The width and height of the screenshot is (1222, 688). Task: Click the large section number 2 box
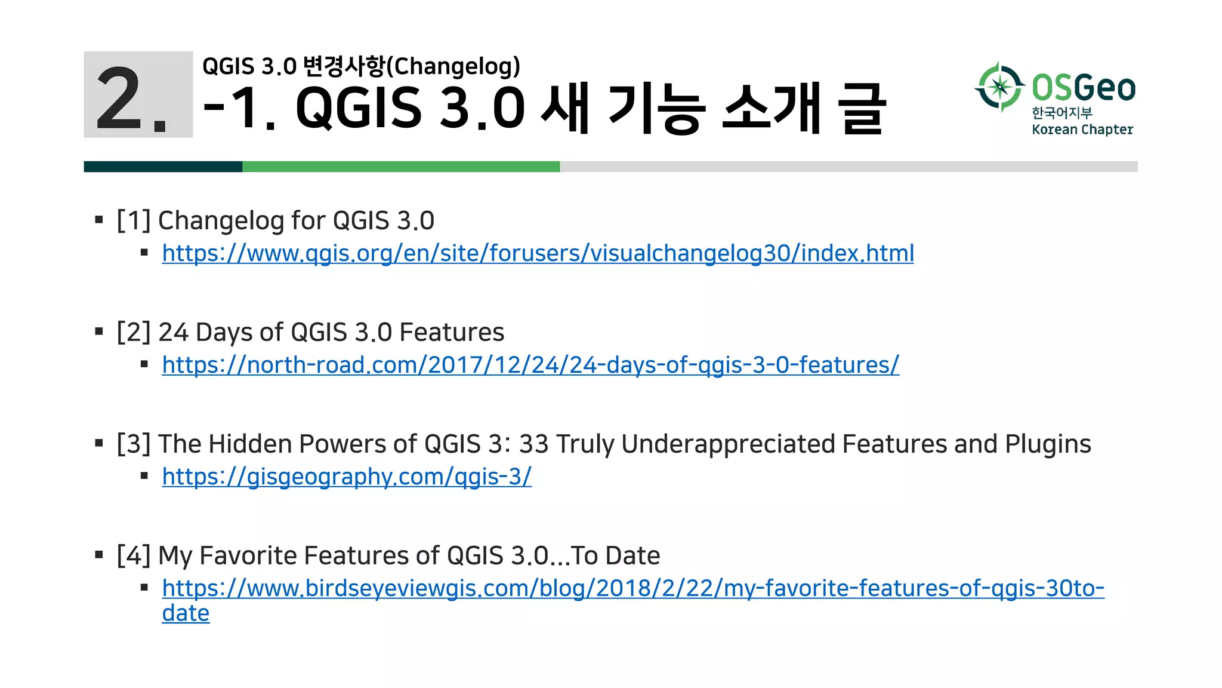(138, 95)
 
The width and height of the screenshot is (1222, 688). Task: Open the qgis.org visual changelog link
(538, 254)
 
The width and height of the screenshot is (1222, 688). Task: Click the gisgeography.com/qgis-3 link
(347, 477)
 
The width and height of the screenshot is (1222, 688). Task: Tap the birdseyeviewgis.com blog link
(632, 589)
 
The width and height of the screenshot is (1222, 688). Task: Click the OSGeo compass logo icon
(1000, 87)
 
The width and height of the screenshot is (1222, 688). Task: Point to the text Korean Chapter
(1082, 130)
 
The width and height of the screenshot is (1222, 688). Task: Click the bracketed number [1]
(134, 221)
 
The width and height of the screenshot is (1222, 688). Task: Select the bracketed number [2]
(134, 333)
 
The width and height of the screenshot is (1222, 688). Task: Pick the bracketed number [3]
(134, 444)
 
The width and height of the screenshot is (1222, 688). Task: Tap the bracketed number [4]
(134, 556)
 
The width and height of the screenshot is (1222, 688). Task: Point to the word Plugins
(1048, 444)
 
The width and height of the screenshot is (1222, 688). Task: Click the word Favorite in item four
(248, 556)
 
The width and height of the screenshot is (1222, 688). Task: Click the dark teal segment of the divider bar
(163, 167)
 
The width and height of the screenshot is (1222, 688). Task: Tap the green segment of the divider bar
(401, 167)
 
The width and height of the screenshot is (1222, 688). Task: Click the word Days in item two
(224, 333)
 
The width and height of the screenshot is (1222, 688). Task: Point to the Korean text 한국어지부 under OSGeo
(1062, 113)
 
